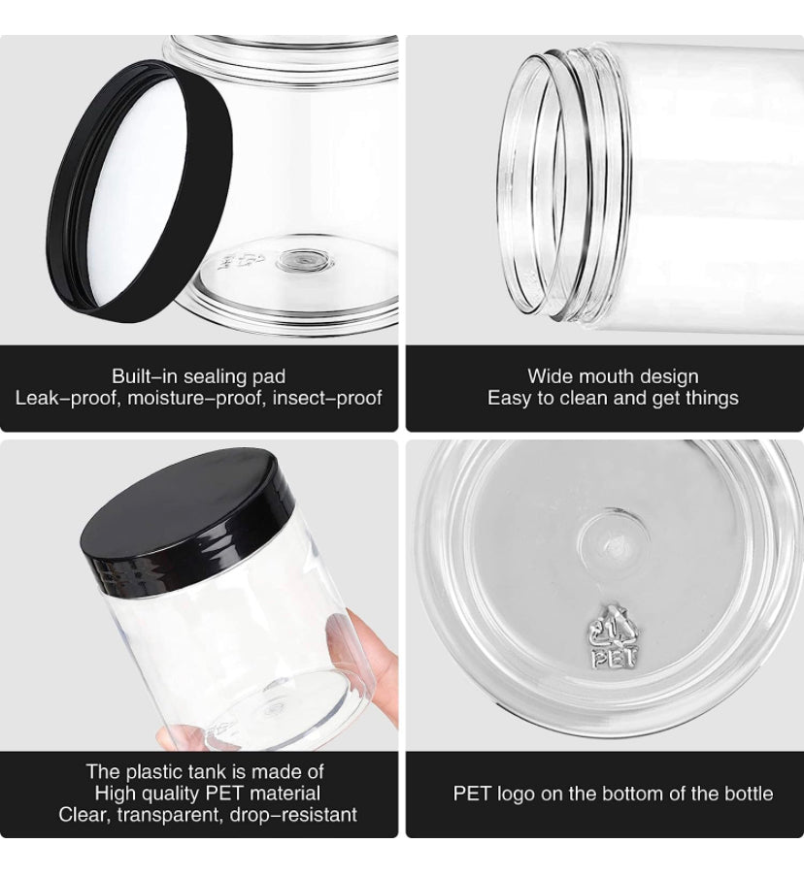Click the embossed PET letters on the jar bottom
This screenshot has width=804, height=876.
pos(615,658)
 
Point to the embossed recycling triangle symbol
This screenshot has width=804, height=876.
pos(614,627)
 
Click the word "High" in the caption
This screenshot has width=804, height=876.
pos(115,794)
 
